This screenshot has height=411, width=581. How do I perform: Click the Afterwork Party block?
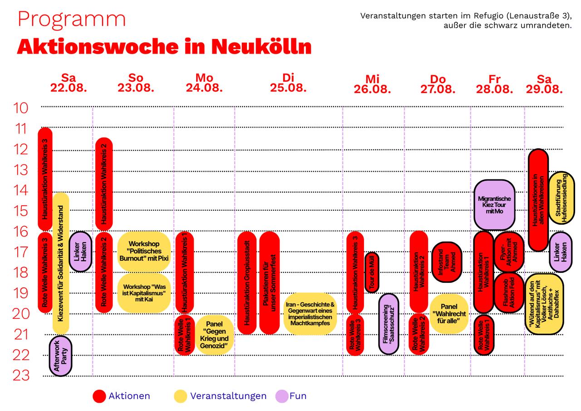pyautogui.click(x=60, y=356)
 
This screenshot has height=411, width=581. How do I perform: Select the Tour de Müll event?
pyautogui.click(x=372, y=272)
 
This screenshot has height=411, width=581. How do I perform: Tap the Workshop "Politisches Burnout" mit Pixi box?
pyautogui.click(x=144, y=251)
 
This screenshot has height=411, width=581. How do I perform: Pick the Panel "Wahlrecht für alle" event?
pyautogui.click(x=449, y=314)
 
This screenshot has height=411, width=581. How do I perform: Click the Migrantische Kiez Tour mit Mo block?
pyautogui.click(x=494, y=205)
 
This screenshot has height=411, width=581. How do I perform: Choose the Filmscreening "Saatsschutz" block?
pyautogui.click(x=389, y=324)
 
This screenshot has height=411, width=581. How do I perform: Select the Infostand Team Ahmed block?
pyautogui.click(x=447, y=262)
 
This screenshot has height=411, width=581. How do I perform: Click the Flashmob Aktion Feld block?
pyautogui.click(x=509, y=293)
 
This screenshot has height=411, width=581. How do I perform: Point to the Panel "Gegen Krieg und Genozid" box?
pyautogui.click(x=215, y=335)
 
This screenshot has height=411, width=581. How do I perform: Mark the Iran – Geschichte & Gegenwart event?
pyautogui.click(x=310, y=314)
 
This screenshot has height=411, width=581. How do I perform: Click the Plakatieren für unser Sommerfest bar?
pyautogui.click(x=270, y=283)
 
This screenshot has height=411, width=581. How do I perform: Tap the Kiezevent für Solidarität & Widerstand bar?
pyautogui.click(x=61, y=263)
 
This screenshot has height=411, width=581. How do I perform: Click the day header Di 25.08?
pyautogui.click(x=288, y=83)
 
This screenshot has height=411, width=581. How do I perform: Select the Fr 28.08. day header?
pyautogui.click(x=494, y=84)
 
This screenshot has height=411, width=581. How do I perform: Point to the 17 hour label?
pyautogui.click(x=20, y=252)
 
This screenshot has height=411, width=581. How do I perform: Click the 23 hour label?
pyautogui.click(x=21, y=375)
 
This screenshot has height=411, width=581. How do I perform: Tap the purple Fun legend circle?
pyautogui.click(x=282, y=396)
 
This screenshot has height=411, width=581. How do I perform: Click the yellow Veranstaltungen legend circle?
pyautogui.click(x=181, y=396)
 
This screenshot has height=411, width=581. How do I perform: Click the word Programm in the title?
pyautogui.click(x=72, y=20)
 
